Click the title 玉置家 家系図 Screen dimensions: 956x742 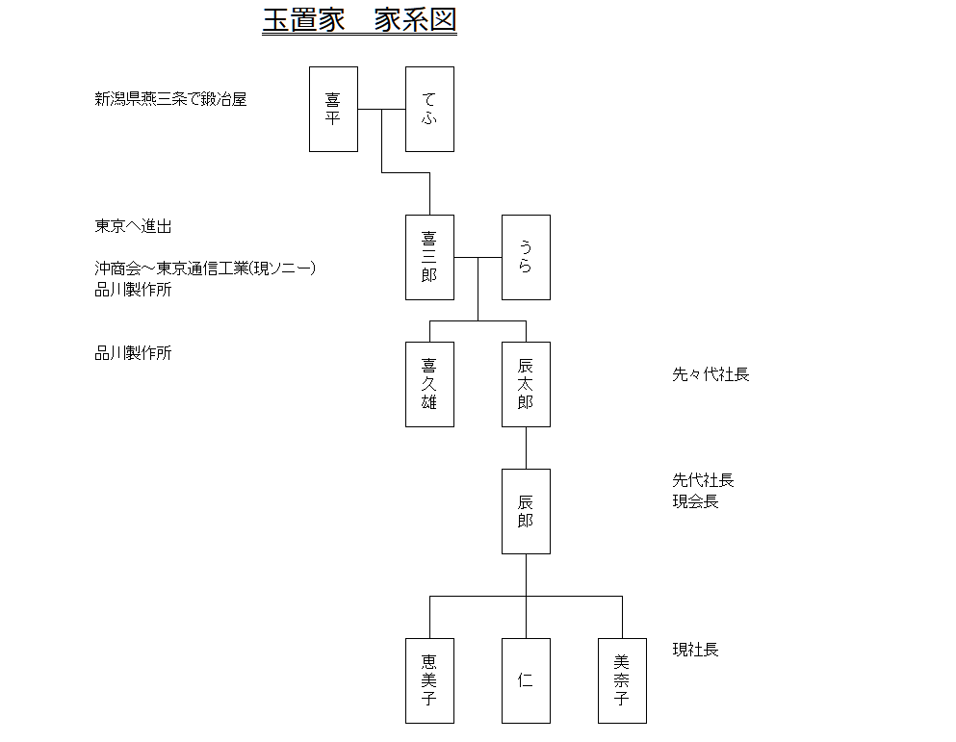point(360,20)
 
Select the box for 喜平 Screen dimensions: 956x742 point(333,109)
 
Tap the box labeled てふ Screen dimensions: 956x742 point(429,109)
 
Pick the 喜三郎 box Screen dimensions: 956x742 point(429,257)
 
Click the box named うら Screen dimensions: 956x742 point(527,257)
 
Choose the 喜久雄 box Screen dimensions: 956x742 point(429,384)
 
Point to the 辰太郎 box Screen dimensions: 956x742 point(527,384)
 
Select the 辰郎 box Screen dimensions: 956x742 point(527,512)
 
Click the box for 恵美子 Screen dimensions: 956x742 point(429,681)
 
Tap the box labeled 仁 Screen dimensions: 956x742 point(527,681)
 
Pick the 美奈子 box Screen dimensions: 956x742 point(623,681)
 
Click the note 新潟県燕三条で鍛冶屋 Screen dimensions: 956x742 point(170,99)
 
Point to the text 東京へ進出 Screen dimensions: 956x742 point(133,226)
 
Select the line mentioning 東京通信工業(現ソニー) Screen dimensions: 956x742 point(205,269)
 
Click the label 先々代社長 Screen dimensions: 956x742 point(711,374)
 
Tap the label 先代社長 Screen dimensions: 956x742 point(703,480)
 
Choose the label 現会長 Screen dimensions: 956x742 point(695,501)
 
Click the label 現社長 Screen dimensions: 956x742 point(695,650)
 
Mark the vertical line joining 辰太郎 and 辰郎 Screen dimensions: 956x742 point(527,448)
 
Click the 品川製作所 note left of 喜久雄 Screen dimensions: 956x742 point(133,353)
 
